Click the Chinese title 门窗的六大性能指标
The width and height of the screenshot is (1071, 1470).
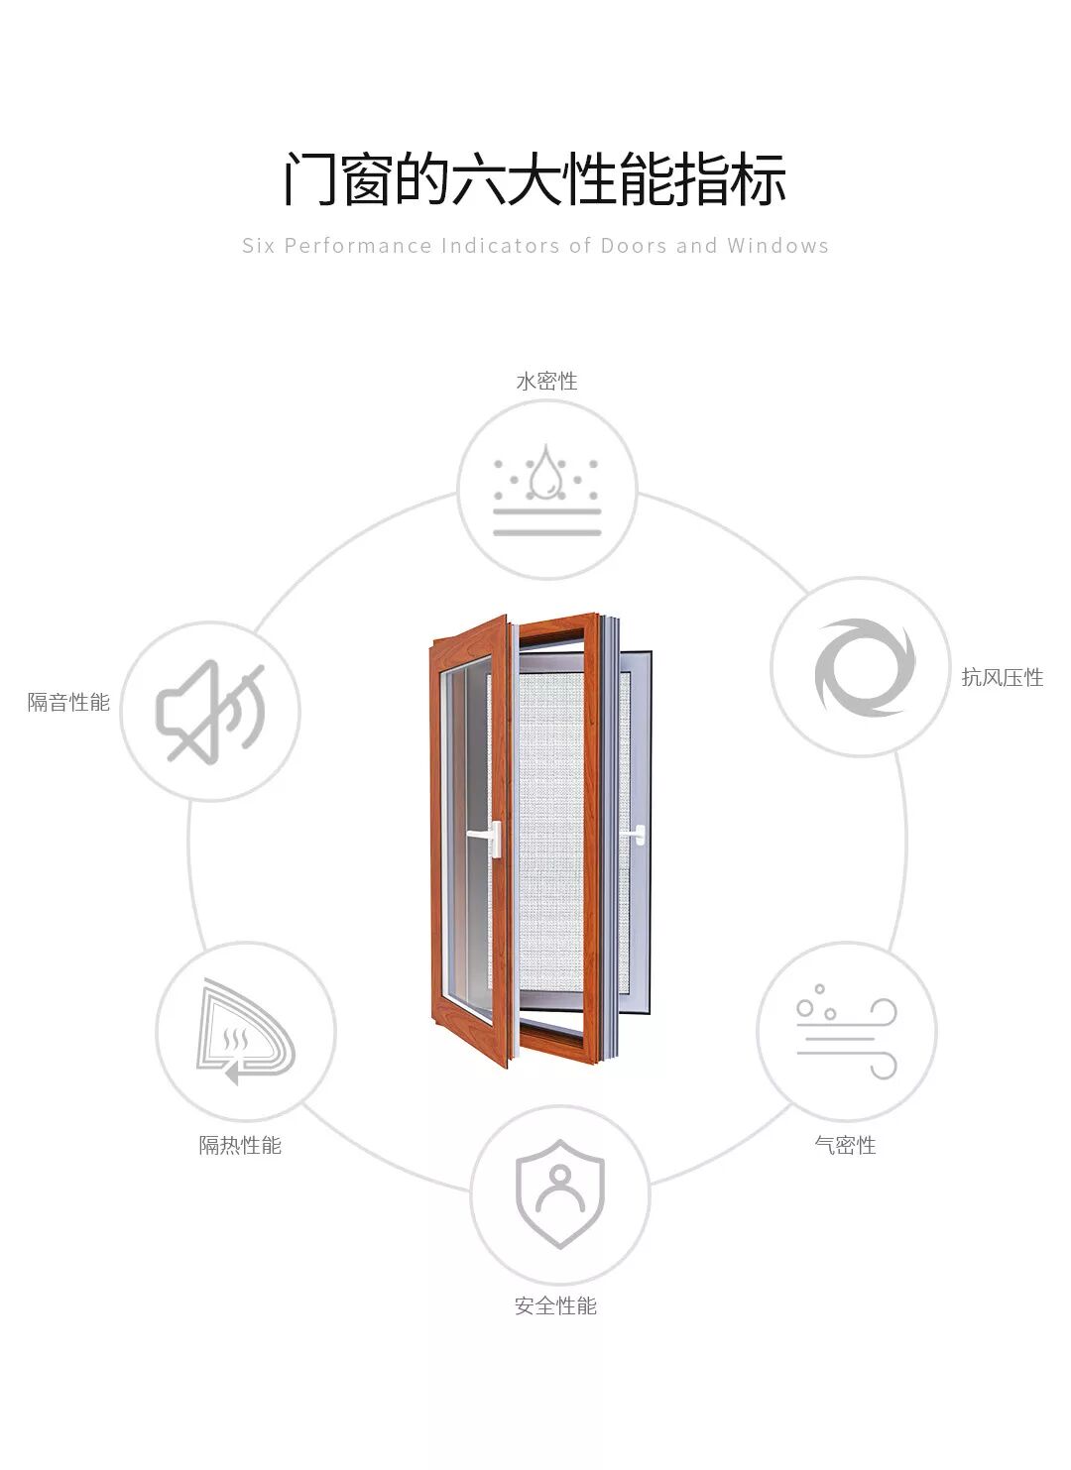coord(535,179)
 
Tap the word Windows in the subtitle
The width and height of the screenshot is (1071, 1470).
coord(777,246)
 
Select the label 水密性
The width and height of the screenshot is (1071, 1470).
coord(546,382)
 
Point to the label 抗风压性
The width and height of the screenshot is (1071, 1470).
coord(1002,678)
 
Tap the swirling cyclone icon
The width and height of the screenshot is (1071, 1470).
coord(861,667)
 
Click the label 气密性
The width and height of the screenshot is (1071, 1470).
coord(845,1146)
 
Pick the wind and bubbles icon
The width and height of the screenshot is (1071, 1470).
coord(847,1031)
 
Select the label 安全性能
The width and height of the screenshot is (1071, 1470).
coord(555,1306)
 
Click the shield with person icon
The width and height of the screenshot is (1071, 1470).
coord(559,1193)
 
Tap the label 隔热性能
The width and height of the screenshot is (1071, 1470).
coord(240,1146)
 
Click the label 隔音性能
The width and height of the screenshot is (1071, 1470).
coord(68,703)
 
